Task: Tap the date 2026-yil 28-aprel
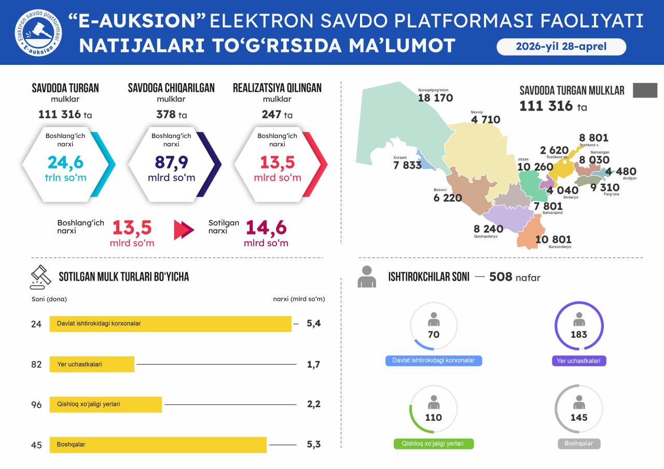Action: click(x=561, y=47)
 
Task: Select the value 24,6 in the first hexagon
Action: click(x=65, y=162)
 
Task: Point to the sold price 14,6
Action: click(x=266, y=228)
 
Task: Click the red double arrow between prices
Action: click(x=184, y=230)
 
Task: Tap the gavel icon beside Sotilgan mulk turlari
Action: click(x=40, y=277)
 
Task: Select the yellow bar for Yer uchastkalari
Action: click(x=92, y=364)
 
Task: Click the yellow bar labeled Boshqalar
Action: click(x=158, y=445)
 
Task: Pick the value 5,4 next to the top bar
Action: click(x=314, y=324)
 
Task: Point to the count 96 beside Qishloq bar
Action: click(x=36, y=405)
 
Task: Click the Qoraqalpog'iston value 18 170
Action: click(x=435, y=98)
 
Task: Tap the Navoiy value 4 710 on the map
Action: click(x=486, y=120)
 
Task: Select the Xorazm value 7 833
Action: click(x=407, y=165)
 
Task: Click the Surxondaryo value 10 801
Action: click(x=553, y=239)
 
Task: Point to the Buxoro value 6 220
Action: click(x=447, y=198)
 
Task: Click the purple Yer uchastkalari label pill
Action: click(x=579, y=361)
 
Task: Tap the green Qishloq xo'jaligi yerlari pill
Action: click(x=434, y=444)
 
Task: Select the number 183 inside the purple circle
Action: click(x=579, y=335)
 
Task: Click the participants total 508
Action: click(x=501, y=277)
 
